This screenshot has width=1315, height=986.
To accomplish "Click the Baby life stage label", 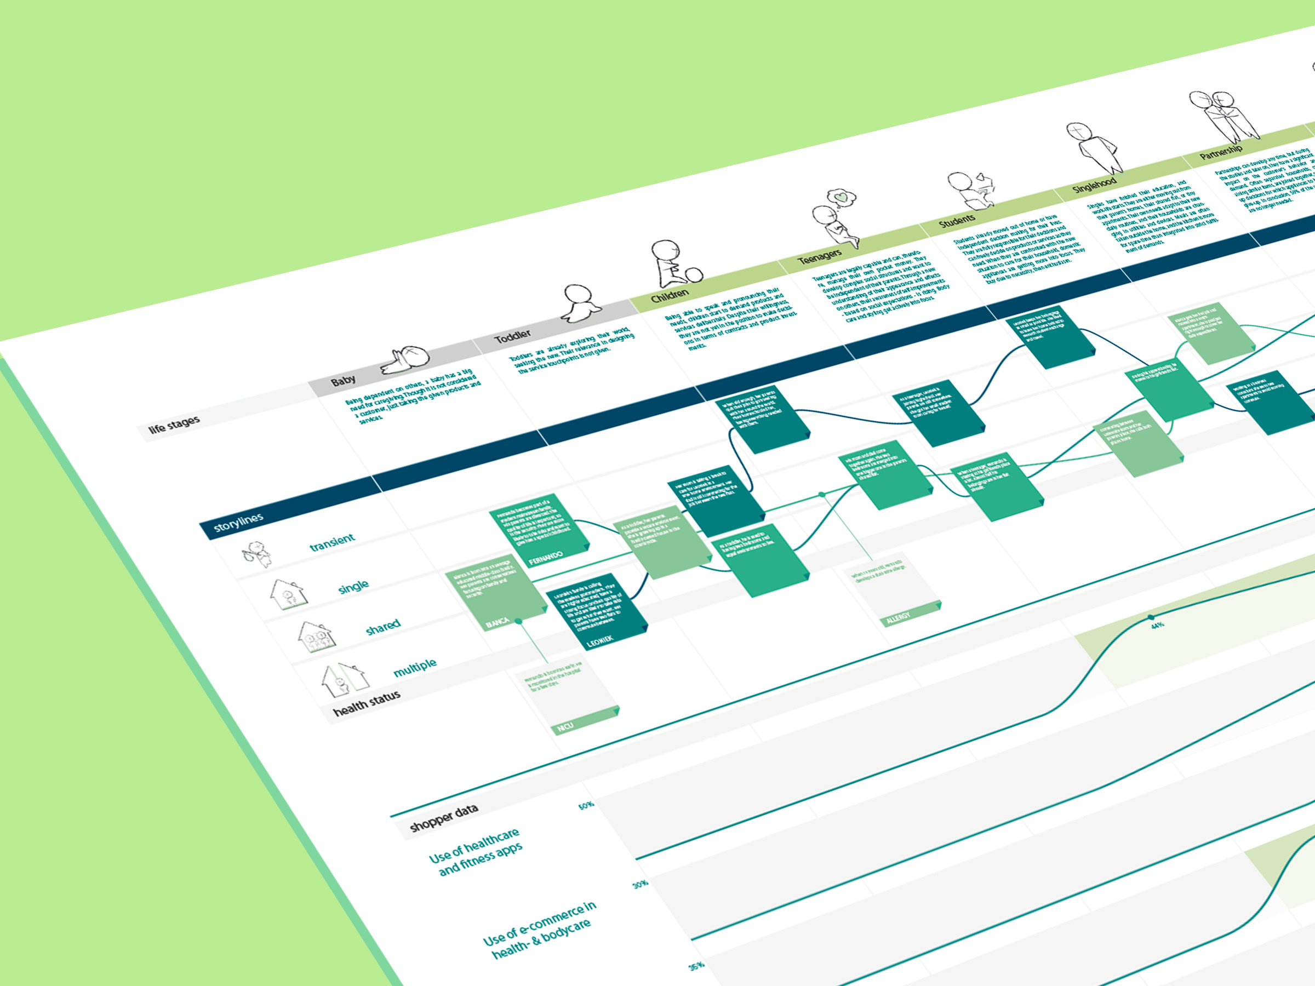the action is (x=343, y=380).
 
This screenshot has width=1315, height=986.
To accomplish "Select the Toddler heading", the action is (x=512, y=337).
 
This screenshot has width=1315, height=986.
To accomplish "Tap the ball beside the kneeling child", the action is (x=694, y=274).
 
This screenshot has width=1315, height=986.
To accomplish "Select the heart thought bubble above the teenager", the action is (x=841, y=197).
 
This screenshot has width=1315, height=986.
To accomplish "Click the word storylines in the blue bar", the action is (x=238, y=523).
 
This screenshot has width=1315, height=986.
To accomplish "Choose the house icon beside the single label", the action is (x=288, y=594).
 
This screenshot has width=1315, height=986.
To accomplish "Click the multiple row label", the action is (x=414, y=667).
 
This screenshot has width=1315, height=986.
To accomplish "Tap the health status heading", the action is (x=366, y=702).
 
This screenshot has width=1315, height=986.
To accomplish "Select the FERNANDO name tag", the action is (x=545, y=558).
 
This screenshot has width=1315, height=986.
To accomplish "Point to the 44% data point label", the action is (x=1157, y=625).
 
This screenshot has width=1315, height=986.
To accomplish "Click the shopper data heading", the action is (x=443, y=818).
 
